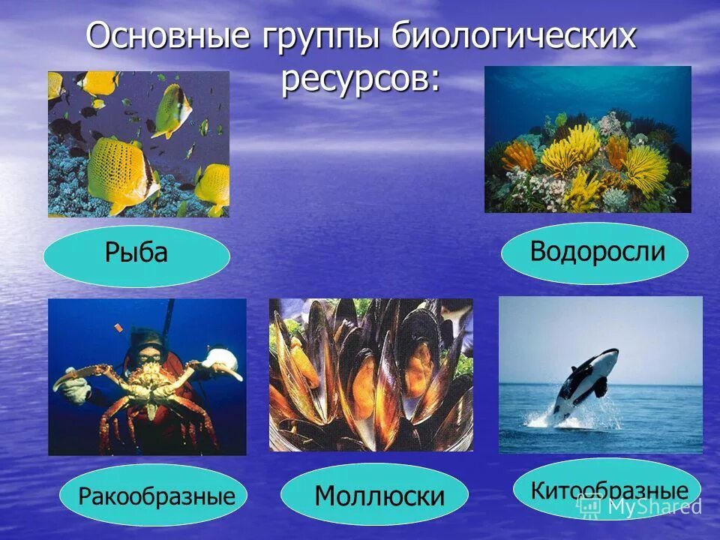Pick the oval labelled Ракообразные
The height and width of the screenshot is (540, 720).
click(x=153, y=496)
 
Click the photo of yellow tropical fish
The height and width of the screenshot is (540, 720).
click(x=138, y=144)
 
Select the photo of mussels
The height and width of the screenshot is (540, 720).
click(x=370, y=374)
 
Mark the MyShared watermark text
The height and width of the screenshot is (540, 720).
click(x=652, y=506)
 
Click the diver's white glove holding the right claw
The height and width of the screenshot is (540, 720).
click(x=221, y=361)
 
